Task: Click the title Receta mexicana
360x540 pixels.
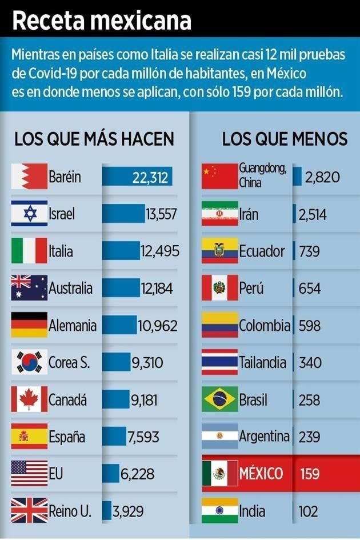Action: point(102,20)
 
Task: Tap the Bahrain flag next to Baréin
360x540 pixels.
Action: point(29,177)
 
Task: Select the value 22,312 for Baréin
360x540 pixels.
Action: point(150,178)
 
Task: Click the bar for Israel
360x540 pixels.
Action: point(123,214)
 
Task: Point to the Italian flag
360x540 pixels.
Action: point(29,251)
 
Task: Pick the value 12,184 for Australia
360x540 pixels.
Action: point(157,289)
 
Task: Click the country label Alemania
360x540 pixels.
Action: point(72,326)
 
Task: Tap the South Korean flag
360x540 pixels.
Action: point(29,362)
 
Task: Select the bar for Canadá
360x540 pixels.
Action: point(116,399)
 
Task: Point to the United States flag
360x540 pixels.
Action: point(29,474)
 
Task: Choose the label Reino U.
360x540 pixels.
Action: point(70,511)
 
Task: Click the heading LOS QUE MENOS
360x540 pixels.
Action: point(285,139)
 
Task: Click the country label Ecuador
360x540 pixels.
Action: point(262,251)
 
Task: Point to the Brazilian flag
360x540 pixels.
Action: point(219,399)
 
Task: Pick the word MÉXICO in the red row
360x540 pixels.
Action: point(261,474)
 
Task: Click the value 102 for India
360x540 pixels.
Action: point(309,511)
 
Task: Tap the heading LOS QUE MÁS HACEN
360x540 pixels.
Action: point(94,139)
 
